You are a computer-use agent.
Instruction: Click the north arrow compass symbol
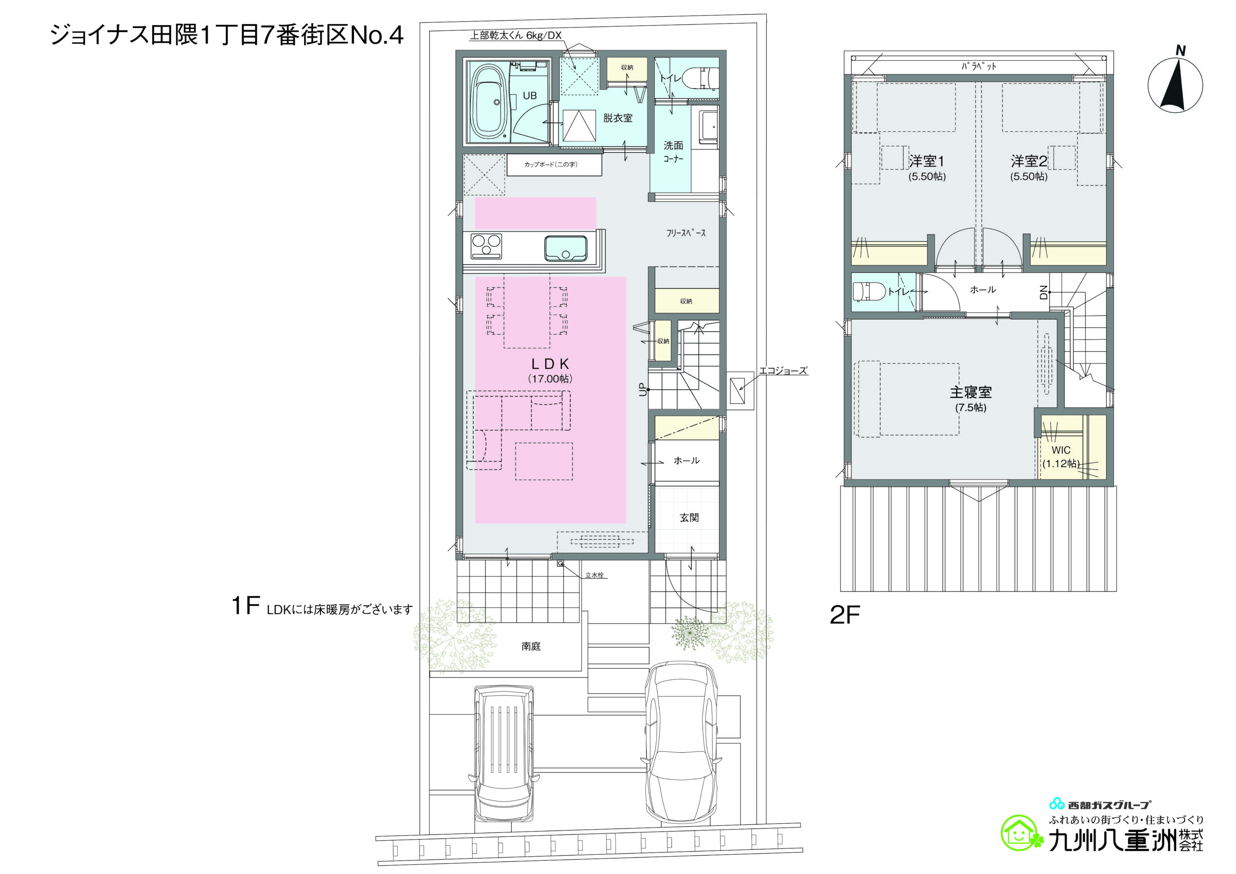[x=1175, y=85]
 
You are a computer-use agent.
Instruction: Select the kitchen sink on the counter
[x=565, y=248]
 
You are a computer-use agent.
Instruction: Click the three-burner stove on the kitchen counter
[x=486, y=247]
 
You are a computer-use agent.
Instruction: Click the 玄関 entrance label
[x=689, y=518]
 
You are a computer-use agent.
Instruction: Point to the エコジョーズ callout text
[x=783, y=370]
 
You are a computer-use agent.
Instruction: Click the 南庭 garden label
[x=531, y=646]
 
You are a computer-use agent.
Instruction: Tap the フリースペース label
[x=686, y=233]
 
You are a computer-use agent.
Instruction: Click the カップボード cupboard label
[x=551, y=164]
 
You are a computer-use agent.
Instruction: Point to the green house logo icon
[x=1020, y=833]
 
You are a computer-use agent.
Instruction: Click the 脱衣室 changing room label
[x=618, y=118]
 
